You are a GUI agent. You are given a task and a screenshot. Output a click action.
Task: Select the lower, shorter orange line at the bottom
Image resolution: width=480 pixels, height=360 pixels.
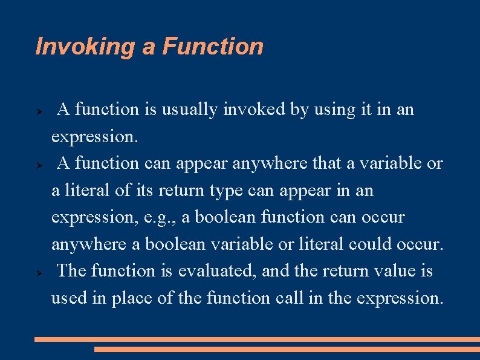click(287, 349)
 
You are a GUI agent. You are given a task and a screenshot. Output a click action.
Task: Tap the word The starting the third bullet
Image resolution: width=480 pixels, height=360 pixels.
click(72, 271)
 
